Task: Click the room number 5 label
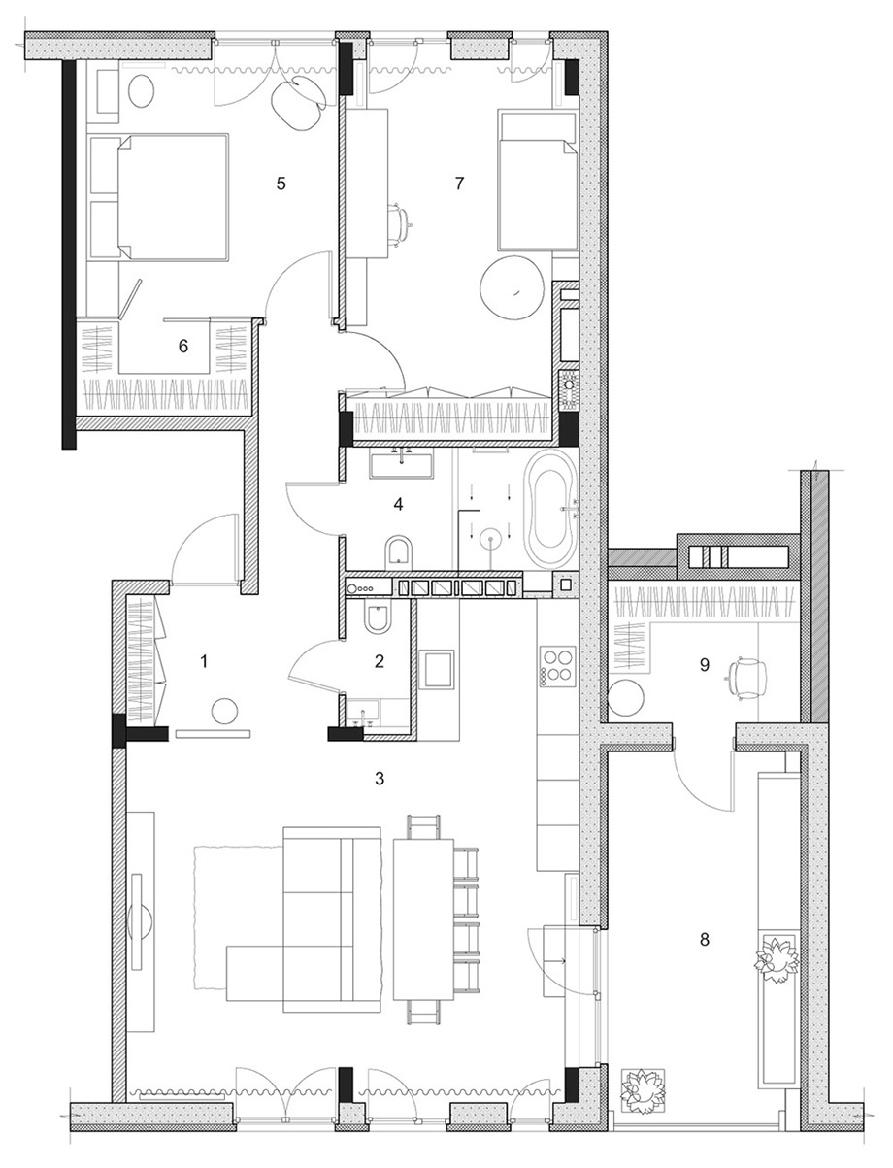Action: click(x=281, y=184)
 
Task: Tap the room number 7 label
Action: click(x=459, y=184)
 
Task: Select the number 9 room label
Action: click(x=704, y=665)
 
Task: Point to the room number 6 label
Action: click(x=182, y=347)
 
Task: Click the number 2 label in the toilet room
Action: click(x=380, y=661)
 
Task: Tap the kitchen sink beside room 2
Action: click(x=436, y=669)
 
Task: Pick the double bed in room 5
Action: click(x=173, y=197)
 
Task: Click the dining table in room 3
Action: click(x=423, y=919)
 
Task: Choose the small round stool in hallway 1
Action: click(x=225, y=711)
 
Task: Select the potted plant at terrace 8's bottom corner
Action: click(x=643, y=1087)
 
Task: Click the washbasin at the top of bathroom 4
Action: click(x=402, y=462)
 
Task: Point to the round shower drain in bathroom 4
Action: click(x=490, y=539)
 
